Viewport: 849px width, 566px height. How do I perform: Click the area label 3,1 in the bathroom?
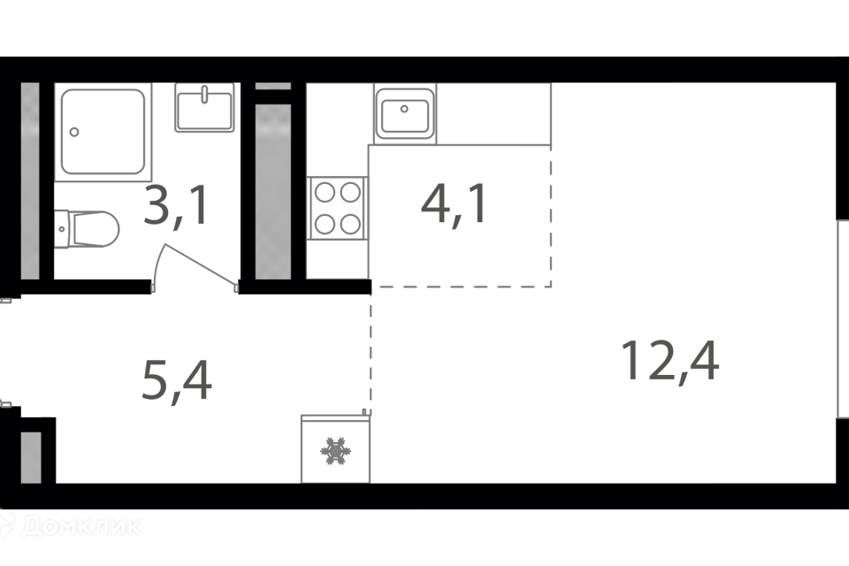[x=177, y=207]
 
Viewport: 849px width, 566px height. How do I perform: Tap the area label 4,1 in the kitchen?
[x=454, y=207]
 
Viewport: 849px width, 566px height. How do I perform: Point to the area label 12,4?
[x=669, y=361]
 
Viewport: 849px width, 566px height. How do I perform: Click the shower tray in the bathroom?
[x=103, y=132]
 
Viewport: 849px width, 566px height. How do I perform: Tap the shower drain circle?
[x=73, y=133]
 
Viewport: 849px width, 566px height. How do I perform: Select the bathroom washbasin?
[x=204, y=108]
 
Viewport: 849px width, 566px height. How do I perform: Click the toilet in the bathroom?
[x=87, y=228]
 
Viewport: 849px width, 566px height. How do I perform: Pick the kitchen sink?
[x=405, y=114]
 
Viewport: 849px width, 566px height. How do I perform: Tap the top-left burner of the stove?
[x=325, y=192]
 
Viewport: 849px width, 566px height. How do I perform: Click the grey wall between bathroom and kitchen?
[x=273, y=190]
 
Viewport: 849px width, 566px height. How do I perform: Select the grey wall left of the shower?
[x=30, y=180]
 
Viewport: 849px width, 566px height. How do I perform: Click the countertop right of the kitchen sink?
[x=493, y=113]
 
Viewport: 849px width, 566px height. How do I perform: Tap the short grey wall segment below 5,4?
[x=31, y=457]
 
